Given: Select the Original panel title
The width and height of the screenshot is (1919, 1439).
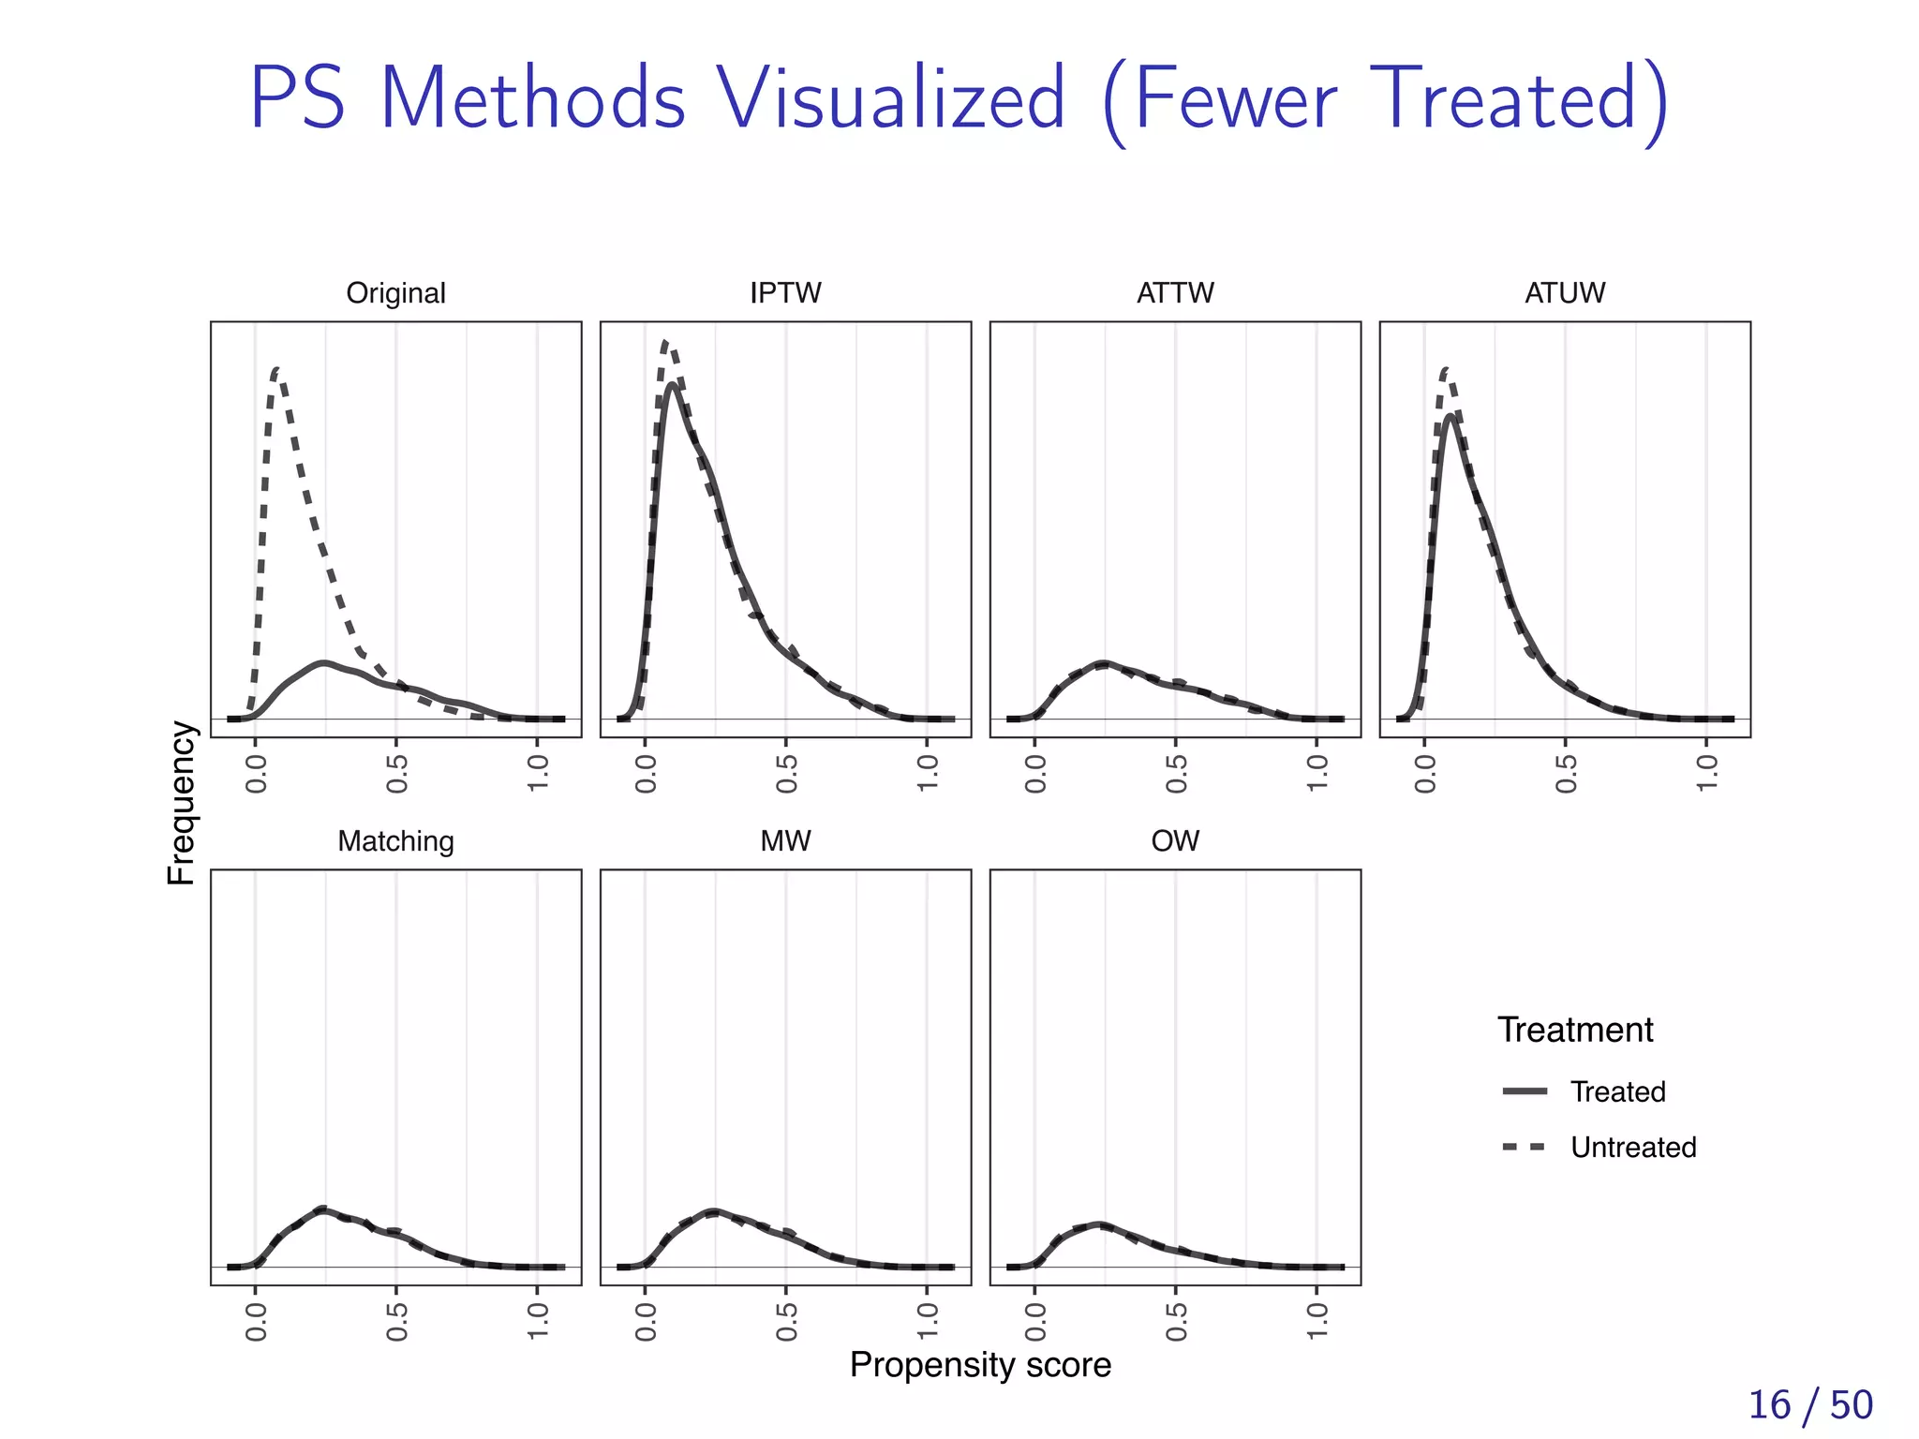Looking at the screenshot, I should click(x=395, y=293).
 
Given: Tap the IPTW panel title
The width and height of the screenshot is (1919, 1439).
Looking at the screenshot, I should click(x=785, y=293).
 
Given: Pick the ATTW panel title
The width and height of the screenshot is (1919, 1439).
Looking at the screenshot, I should click(x=1175, y=293).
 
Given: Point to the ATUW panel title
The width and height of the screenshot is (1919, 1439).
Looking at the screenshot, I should click(x=1565, y=293).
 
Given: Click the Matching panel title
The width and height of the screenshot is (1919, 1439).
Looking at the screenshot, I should click(x=395, y=841).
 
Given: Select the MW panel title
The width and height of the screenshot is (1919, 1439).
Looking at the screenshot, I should click(x=785, y=841).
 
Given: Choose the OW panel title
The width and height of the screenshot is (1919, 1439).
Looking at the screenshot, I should click(x=1175, y=841).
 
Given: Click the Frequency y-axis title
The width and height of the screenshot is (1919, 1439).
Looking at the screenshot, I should click(x=182, y=803).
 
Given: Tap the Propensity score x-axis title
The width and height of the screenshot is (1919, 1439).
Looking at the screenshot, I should click(x=980, y=1365).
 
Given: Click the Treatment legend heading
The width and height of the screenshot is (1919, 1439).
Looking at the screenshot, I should click(x=1575, y=1030).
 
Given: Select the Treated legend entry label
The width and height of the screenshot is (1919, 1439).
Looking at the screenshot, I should click(x=1617, y=1091).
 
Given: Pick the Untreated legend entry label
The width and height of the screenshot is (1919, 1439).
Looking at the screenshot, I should click(x=1633, y=1147).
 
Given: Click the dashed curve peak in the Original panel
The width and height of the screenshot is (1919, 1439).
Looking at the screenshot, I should click(x=276, y=370).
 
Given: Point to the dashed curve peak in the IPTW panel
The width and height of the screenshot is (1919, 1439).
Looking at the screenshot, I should click(x=665, y=343).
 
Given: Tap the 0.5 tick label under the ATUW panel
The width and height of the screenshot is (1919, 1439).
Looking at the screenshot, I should click(x=1566, y=773).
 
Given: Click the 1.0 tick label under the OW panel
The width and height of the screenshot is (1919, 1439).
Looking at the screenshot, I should click(x=1317, y=1321).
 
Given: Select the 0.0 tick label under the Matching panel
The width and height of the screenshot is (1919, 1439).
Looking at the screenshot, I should click(x=256, y=1321).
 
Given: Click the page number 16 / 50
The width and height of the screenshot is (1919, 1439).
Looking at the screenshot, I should click(x=1810, y=1405).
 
